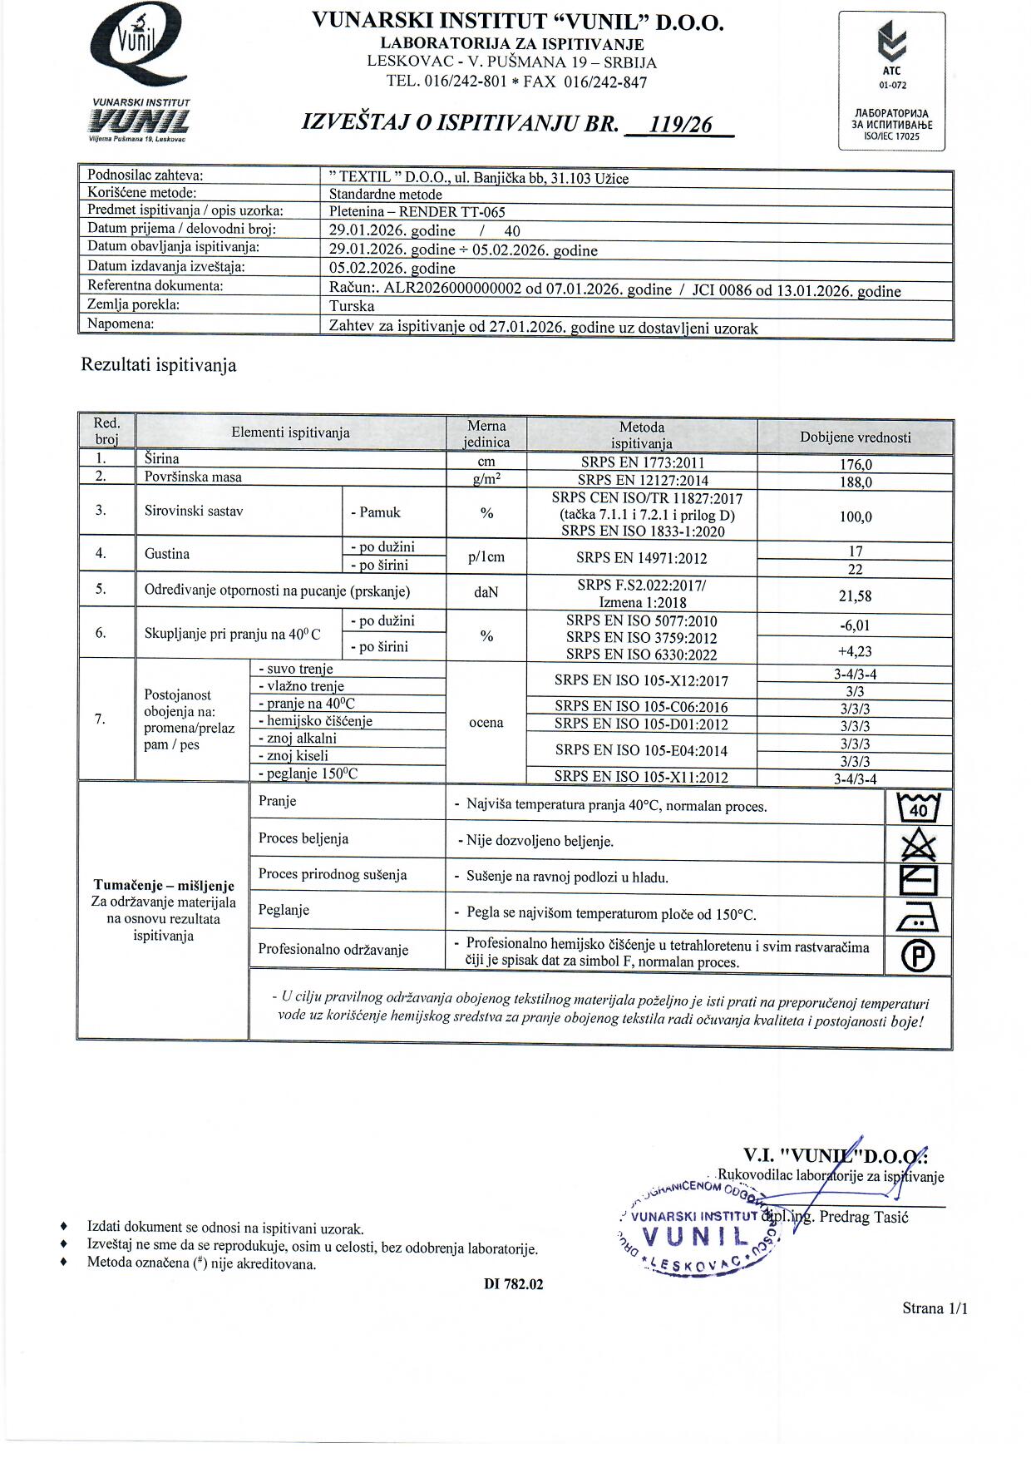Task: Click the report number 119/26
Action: click(681, 125)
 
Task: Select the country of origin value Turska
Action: click(352, 305)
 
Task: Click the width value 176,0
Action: click(856, 464)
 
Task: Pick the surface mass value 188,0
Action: click(856, 482)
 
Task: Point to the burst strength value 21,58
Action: click(856, 596)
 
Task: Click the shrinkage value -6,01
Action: click(856, 625)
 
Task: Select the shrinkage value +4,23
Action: click(856, 651)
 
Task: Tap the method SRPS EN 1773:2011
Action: click(642, 463)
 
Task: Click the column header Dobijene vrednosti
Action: click(856, 437)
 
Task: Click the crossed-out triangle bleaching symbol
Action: click(919, 845)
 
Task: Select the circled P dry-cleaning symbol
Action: click(919, 956)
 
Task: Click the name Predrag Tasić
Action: click(864, 1217)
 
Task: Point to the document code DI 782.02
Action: click(514, 1284)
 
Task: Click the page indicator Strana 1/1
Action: click(935, 1308)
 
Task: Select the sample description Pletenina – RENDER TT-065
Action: click(417, 212)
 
